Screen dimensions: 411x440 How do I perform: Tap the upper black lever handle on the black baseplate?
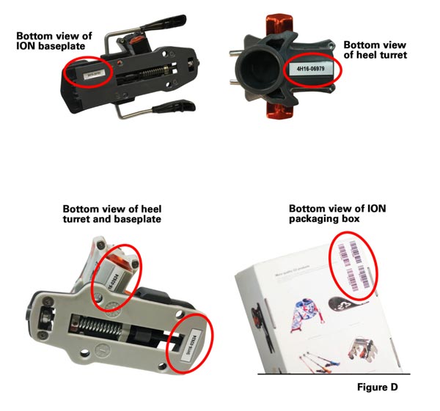pyautogui.click(x=156, y=24)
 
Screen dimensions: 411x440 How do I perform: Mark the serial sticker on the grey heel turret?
pyautogui.click(x=115, y=275)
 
